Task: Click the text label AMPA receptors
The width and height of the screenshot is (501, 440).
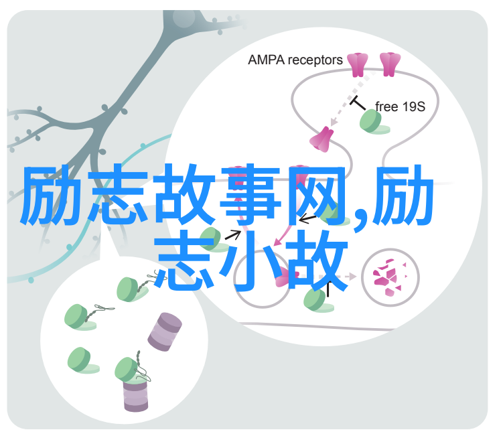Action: point(295,60)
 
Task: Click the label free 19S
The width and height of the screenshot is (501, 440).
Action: point(400,106)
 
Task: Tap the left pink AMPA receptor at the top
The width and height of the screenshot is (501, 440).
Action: point(358,64)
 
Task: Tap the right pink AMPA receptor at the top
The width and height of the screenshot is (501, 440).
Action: point(390,64)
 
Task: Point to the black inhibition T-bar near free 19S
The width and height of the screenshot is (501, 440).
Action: point(357,102)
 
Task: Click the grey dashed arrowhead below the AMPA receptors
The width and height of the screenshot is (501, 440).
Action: point(334,122)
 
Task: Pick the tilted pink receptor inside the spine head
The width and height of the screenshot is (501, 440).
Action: point(321,139)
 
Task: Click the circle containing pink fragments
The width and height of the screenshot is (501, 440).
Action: point(390,277)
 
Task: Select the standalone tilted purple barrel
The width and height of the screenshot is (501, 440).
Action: point(165,332)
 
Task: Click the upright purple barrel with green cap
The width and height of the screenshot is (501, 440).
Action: point(135,396)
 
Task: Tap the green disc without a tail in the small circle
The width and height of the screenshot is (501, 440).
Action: point(82,360)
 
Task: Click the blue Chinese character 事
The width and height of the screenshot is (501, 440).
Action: point(250,194)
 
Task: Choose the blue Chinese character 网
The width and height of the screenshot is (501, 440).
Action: point(316,194)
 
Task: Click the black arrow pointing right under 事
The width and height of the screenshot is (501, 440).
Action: point(233,234)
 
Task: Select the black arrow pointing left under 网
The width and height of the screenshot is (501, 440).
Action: point(307,219)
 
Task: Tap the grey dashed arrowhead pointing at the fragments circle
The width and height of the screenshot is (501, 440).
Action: point(352,277)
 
